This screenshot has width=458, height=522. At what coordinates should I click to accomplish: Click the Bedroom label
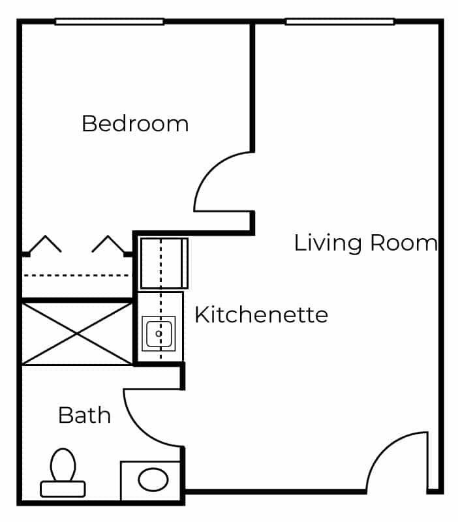pyautogui.click(x=135, y=124)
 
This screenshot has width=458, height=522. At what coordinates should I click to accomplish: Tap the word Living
pyautogui.click(x=328, y=243)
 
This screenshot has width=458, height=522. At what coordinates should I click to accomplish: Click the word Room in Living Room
pyautogui.click(x=404, y=243)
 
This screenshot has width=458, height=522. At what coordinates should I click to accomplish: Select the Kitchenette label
pyautogui.click(x=261, y=315)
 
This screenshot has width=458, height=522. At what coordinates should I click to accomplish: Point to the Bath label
pyautogui.click(x=85, y=415)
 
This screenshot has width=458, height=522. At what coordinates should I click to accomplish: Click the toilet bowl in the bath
pyautogui.click(x=63, y=465)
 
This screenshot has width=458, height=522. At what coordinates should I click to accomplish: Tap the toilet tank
pyautogui.click(x=63, y=489)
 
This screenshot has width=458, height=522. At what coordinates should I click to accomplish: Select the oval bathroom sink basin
pyautogui.click(x=153, y=480)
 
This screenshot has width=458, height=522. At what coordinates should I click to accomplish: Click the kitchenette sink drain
pyautogui.click(x=159, y=333)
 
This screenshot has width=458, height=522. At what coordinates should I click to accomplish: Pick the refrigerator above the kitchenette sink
pyautogui.click(x=164, y=263)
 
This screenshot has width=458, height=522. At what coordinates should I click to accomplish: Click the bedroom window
pyautogui.click(x=110, y=22)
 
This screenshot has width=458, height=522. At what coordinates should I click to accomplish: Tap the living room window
pyautogui.click(x=340, y=22)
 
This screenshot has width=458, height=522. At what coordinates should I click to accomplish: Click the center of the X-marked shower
pyautogui.click(x=77, y=334)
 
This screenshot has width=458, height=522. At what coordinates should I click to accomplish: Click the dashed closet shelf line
pyautogui.click(x=77, y=275)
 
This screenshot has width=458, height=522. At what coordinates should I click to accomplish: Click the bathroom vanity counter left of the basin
pyautogui.click(x=129, y=480)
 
